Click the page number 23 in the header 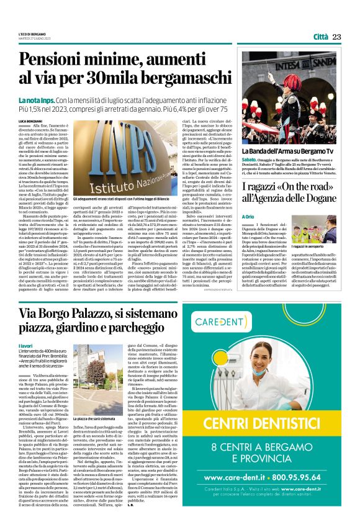click(336, 37)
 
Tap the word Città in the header click(320, 37)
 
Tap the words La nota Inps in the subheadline click(37, 100)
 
